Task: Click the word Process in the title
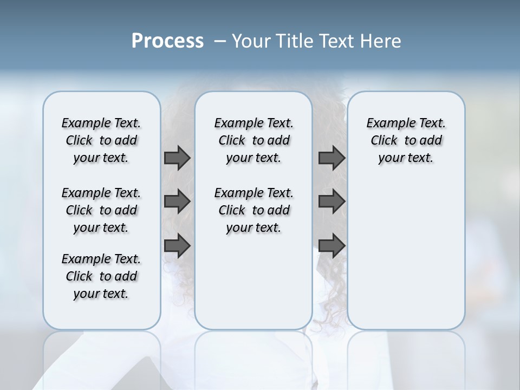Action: pyautogui.click(x=167, y=41)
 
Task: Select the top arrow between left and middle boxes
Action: pyautogui.click(x=177, y=158)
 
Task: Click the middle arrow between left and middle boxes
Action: pyautogui.click(x=177, y=202)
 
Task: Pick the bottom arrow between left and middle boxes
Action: pyautogui.click(x=177, y=245)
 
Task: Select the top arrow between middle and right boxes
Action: pyautogui.click(x=331, y=158)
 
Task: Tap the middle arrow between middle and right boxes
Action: pyautogui.click(x=331, y=202)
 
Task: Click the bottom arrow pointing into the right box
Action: pyautogui.click(x=331, y=245)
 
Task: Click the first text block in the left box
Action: pyautogui.click(x=101, y=140)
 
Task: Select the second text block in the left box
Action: pyautogui.click(x=101, y=210)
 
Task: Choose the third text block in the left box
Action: pyautogui.click(x=101, y=276)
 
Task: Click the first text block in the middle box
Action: pyautogui.click(x=253, y=140)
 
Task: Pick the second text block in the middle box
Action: pyautogui.click(x=253, y=210)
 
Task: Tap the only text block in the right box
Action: pyautogui.click(x=406, y=140)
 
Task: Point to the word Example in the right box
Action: pyautogui.click(x=386, y=123)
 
